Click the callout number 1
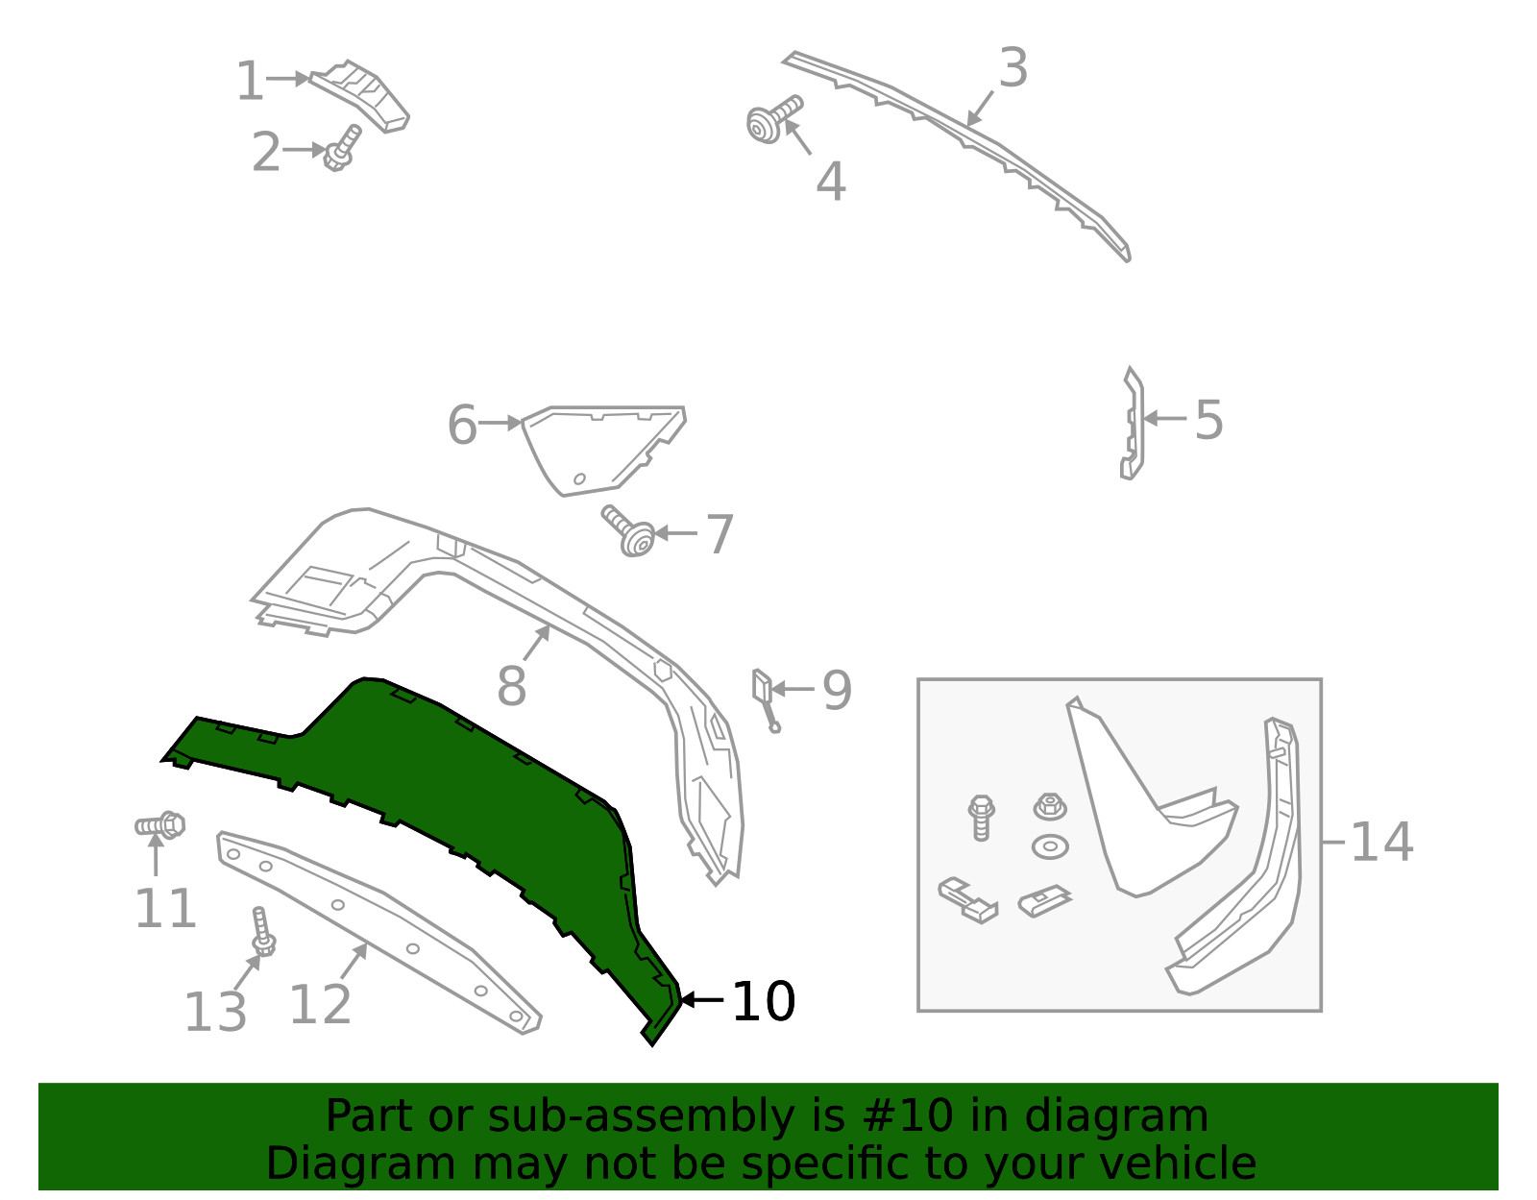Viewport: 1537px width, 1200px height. pos(250,81)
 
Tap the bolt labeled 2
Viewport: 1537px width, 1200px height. pos(342,148)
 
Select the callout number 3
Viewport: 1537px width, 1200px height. pos(1012,68)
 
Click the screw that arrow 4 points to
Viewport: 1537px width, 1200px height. pos(774,119)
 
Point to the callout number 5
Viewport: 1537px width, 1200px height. pos(1208,419)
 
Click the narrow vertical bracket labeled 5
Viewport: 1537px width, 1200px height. pos(1131,424)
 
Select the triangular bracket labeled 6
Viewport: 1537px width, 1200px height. pos(603,451)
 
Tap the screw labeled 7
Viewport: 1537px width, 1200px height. pos(628,531)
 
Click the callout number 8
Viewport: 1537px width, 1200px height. pos(511,685)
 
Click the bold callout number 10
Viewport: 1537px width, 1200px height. pos(764,1001)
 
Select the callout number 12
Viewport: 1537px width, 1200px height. pos(321,1004)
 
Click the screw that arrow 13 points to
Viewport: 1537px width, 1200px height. pos(262,932)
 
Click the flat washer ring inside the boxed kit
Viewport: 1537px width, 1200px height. pos(1050,846)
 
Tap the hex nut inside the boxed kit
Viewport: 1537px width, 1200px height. pos(1050,806)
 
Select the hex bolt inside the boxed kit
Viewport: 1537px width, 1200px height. pos(981,818)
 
